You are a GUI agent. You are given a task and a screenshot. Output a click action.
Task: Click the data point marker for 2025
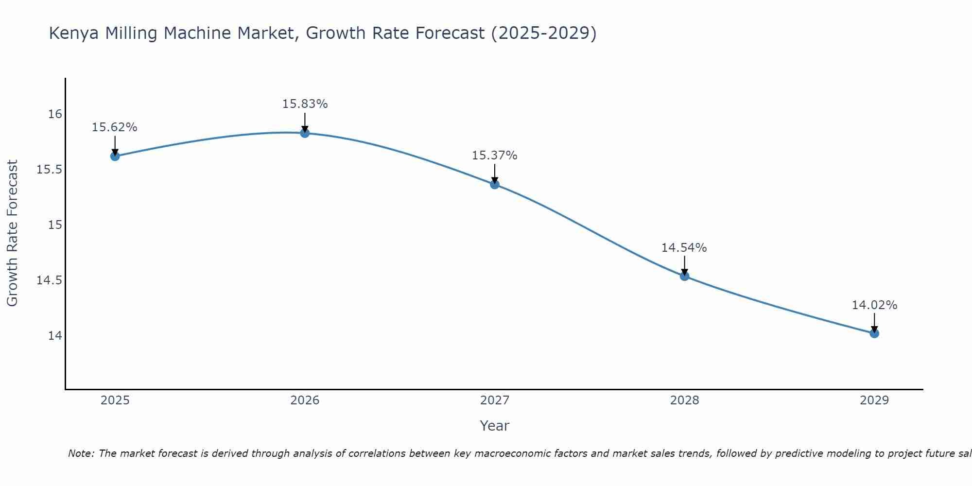pos(115,156)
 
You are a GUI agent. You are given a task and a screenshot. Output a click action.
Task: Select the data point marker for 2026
pos(305,133)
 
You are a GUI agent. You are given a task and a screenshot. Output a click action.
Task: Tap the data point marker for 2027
pos(495,184)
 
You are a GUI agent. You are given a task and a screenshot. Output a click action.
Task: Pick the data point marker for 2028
pos(684,276)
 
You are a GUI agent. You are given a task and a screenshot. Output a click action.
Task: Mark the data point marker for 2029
pos(874,333)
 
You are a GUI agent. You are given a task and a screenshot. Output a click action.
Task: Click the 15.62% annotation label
pos(115,127)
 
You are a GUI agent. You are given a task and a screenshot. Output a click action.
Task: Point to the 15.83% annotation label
pos(305,104)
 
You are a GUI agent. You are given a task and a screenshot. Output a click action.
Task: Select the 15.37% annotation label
pos(495,156)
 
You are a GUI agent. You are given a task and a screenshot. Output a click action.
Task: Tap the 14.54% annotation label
pos(684,248)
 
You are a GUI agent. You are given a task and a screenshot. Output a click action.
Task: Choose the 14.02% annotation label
pos(874,305)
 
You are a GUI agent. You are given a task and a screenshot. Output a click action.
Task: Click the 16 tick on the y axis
pos(55,114)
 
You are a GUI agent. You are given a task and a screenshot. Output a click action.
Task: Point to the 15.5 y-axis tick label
pos(50,170)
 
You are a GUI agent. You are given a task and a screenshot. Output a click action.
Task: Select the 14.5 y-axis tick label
pos(50,280)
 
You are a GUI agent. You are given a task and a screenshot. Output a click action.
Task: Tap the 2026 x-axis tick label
pos(305,400)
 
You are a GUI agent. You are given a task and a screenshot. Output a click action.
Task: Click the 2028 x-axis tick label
pos(684,400)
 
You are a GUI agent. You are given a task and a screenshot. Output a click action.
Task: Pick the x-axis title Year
pos(494,426)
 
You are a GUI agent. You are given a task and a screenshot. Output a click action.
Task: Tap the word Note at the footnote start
pos(81,453)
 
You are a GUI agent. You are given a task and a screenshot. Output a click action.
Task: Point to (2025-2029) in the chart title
pos(543,34)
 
